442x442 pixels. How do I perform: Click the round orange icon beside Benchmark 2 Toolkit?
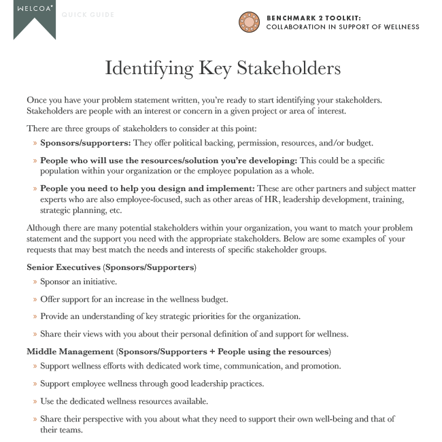coord(249,22)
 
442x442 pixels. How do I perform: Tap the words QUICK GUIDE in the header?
coord(88,15)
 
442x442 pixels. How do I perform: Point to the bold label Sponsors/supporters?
coord(85,143)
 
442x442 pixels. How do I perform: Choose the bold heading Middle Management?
coord(70,352)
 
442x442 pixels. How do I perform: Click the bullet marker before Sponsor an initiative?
coord(35,282)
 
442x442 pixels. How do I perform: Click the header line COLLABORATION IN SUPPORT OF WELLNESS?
coord(342,27)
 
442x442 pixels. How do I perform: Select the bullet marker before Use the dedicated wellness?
coord(35,401)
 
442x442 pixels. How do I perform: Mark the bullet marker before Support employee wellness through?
coord(35,384)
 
